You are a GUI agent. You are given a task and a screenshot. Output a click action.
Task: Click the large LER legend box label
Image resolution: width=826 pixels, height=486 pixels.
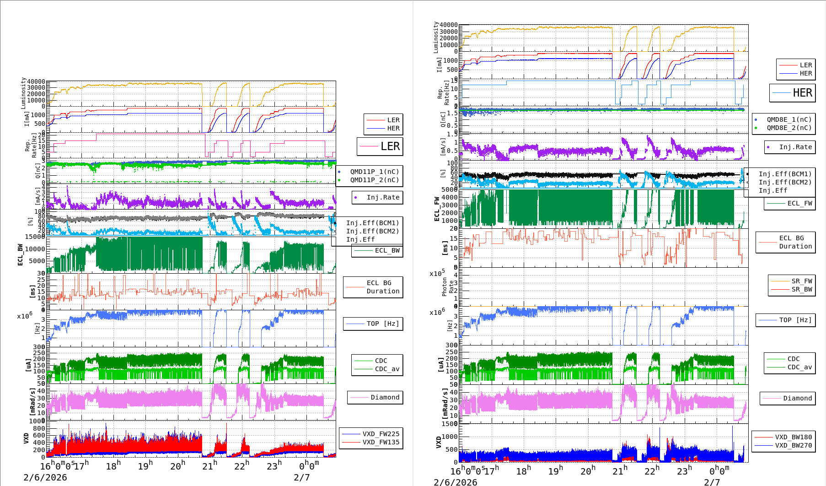coord(390,146)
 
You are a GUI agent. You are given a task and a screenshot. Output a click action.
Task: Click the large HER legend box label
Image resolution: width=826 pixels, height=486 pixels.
coord(802,93)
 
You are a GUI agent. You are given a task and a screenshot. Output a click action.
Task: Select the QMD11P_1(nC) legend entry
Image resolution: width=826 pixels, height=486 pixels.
coord(374,172)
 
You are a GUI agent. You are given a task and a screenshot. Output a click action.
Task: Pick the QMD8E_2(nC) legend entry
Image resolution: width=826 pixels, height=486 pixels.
coord(789,128)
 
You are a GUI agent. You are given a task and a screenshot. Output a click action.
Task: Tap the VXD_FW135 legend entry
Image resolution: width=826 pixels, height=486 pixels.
coord(381,442)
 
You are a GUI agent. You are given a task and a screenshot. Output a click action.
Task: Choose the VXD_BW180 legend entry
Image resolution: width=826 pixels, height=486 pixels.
coord(793,437)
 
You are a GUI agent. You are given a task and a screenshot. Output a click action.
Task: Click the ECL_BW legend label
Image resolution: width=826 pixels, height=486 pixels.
coord(387,250)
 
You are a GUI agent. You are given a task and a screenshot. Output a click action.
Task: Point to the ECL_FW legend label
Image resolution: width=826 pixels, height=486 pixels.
coord(799,203)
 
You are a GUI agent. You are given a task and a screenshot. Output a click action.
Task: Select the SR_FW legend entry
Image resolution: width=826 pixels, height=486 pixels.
coord(801,281)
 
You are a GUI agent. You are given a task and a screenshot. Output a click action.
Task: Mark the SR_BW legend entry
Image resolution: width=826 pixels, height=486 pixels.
coord(801,289)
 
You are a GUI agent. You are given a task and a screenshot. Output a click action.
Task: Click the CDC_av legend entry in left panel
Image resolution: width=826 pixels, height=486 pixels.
coord(387,369)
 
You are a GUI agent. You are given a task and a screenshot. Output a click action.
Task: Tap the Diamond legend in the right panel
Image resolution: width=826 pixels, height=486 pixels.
coord(797,398)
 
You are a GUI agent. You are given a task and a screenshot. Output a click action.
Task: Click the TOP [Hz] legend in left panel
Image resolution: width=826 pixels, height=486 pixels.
coord(382,324)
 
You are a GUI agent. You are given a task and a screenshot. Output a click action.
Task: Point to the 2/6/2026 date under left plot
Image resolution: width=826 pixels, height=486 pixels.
coord(45,477)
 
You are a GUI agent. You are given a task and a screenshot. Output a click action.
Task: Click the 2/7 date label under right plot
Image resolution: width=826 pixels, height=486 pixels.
coord(712,482)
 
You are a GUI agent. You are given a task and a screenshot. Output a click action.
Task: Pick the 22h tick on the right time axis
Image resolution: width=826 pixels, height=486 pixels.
coord(651,471)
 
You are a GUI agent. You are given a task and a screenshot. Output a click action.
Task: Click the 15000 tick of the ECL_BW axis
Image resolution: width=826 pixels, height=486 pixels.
coord(35,237)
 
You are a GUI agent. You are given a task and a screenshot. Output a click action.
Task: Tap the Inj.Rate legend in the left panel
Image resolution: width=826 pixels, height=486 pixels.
coord(383,197)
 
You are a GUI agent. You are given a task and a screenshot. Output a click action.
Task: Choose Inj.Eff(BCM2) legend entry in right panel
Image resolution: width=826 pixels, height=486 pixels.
coord(785,182)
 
